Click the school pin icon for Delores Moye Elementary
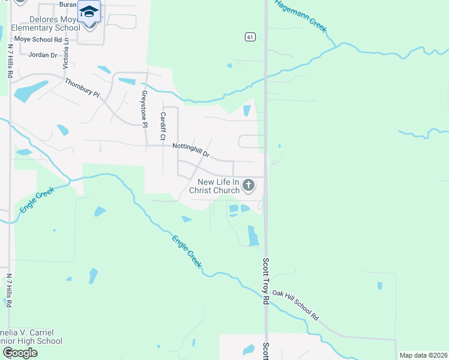click(89, 13)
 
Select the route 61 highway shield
click(250, 37)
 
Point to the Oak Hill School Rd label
click(295, 304)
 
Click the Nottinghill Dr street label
click(190, 149)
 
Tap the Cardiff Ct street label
click(162, 126)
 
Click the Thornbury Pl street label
click(82, 89)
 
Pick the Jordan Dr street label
click(43, 55)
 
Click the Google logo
click(20, 353)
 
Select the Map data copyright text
click(423, 355)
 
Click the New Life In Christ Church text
click(214, 186)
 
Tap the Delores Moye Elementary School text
click(41, 23)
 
